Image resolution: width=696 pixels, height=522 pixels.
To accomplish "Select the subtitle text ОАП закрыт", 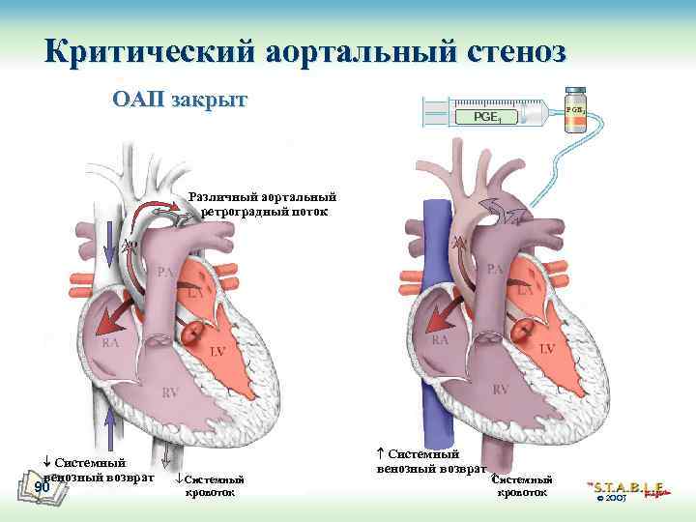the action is [180, 100].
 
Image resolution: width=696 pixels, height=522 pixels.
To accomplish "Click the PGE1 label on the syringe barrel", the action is [486, 117].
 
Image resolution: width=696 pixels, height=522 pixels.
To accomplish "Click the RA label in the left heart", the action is [113, 341].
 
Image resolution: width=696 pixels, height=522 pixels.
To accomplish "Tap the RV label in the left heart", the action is [170, 392].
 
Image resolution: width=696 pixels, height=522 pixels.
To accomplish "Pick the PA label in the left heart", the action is [166, 272].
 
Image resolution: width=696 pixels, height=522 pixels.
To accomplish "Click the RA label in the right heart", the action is [441, 340].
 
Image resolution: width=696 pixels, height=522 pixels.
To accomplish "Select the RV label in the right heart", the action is [501, 389].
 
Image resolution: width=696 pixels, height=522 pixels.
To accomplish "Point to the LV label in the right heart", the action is [546, 347].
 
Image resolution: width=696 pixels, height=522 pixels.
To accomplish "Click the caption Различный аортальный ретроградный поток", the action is [264, 204].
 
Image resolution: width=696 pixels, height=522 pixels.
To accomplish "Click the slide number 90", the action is [42, 486].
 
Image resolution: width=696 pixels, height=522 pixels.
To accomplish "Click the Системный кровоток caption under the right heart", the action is [522, 485].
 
